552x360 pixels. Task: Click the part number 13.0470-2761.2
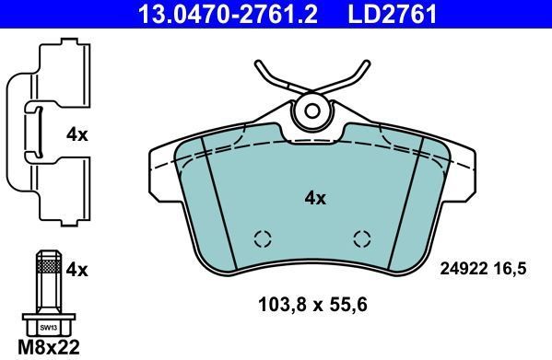click(228, 14)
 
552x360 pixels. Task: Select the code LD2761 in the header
click(393, 14)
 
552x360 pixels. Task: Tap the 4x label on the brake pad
click(315, 198)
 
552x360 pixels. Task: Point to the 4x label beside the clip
click(77, 134)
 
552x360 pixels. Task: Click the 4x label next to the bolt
click(77, 270)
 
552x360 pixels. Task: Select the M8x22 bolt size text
click(49, 346)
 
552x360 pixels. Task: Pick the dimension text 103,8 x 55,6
click(312, 305)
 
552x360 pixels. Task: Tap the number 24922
click(464, 269)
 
